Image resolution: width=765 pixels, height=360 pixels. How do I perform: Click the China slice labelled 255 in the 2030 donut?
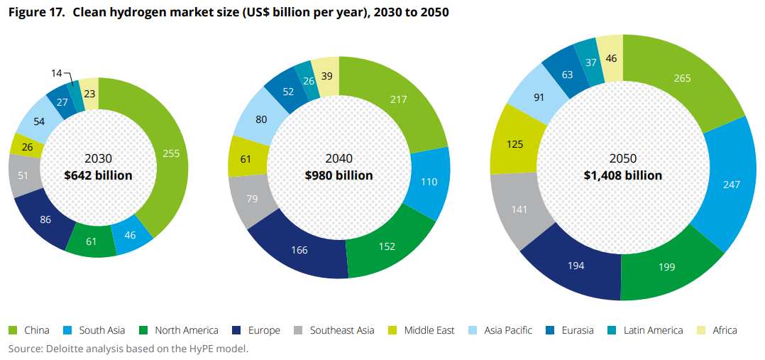pos(170,153)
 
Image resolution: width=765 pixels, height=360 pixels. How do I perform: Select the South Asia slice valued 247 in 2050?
pos(730,184)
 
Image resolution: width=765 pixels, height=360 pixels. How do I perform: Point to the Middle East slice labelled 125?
pos(515,144)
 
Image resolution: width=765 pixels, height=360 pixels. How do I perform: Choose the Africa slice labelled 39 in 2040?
pos(328,75)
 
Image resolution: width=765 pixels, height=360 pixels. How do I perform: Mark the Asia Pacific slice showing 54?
pos(39,121)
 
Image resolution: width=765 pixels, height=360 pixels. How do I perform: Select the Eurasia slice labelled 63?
pos(566,74)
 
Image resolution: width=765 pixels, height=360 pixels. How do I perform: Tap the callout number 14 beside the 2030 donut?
pos(56,73)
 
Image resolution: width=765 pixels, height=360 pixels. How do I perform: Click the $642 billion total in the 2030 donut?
pos(97,175)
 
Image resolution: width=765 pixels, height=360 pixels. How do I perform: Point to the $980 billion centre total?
pos(339,175)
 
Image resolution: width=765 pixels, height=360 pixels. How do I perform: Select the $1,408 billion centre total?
pos(622,175)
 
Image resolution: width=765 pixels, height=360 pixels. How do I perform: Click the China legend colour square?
pos(12,330)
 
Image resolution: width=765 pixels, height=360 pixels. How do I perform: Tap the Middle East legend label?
pos(429,330)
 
